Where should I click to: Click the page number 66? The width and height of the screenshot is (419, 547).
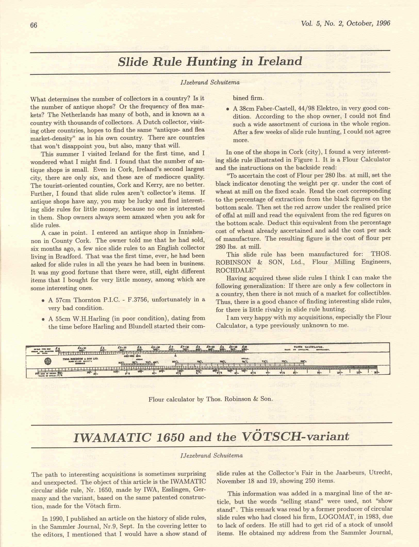tap(34, 25)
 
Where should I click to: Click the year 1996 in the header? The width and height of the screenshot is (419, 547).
tap(383, 23)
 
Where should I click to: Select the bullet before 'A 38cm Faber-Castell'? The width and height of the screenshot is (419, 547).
tap(228, 109)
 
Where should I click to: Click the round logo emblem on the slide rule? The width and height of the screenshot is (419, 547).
tap(48, 360)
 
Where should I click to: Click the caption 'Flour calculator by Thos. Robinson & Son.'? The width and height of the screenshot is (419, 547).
tap(210, 399)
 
